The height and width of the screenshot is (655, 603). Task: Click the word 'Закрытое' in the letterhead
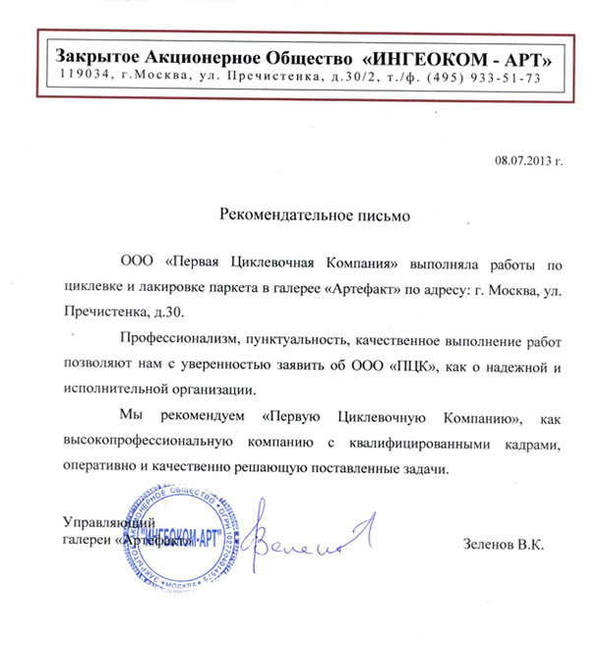point(98,56)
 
